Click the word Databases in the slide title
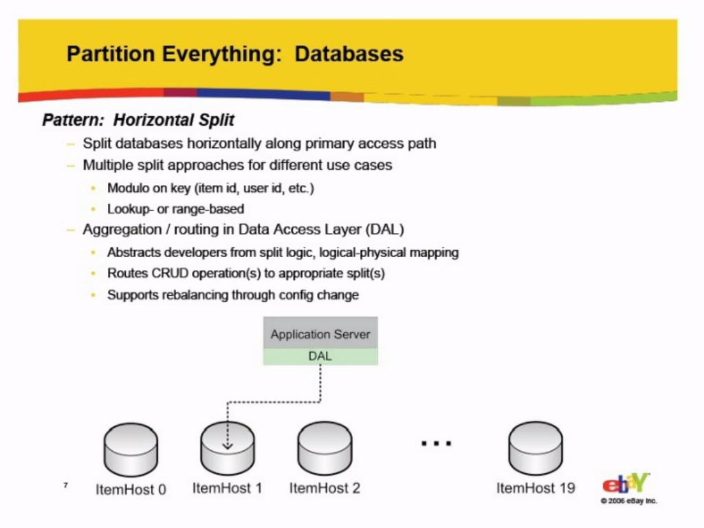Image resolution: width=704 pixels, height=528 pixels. (x=349, y=54)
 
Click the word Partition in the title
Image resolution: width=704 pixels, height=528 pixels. (x=111, y=54)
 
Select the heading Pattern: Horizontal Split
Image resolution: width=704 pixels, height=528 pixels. (x=138, y=120)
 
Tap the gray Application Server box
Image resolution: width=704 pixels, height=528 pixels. (x=320, y=333)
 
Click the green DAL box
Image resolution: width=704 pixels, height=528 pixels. (x=320, y=357)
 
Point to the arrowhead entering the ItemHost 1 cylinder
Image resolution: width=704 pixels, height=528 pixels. (x=228, y=445)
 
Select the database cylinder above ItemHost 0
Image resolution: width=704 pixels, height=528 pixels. (x=131, y=449)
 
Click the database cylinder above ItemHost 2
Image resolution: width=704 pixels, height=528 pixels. (x=324, y=448)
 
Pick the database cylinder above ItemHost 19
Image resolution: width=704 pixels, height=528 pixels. (x=535, y=448)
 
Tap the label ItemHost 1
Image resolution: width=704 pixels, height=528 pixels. (x=227, y=488)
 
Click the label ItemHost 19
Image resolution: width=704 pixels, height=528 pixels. (x=536, y=488)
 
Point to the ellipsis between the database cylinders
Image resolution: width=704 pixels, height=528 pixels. (x=436, y=443)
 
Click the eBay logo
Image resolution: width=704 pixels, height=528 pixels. (x=626, y=483)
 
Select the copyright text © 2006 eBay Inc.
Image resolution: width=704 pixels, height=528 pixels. (x=628, y=500)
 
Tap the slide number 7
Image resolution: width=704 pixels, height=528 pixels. (x=65, y=485)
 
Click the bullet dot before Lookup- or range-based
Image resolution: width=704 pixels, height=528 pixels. (x=93, y=209)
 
